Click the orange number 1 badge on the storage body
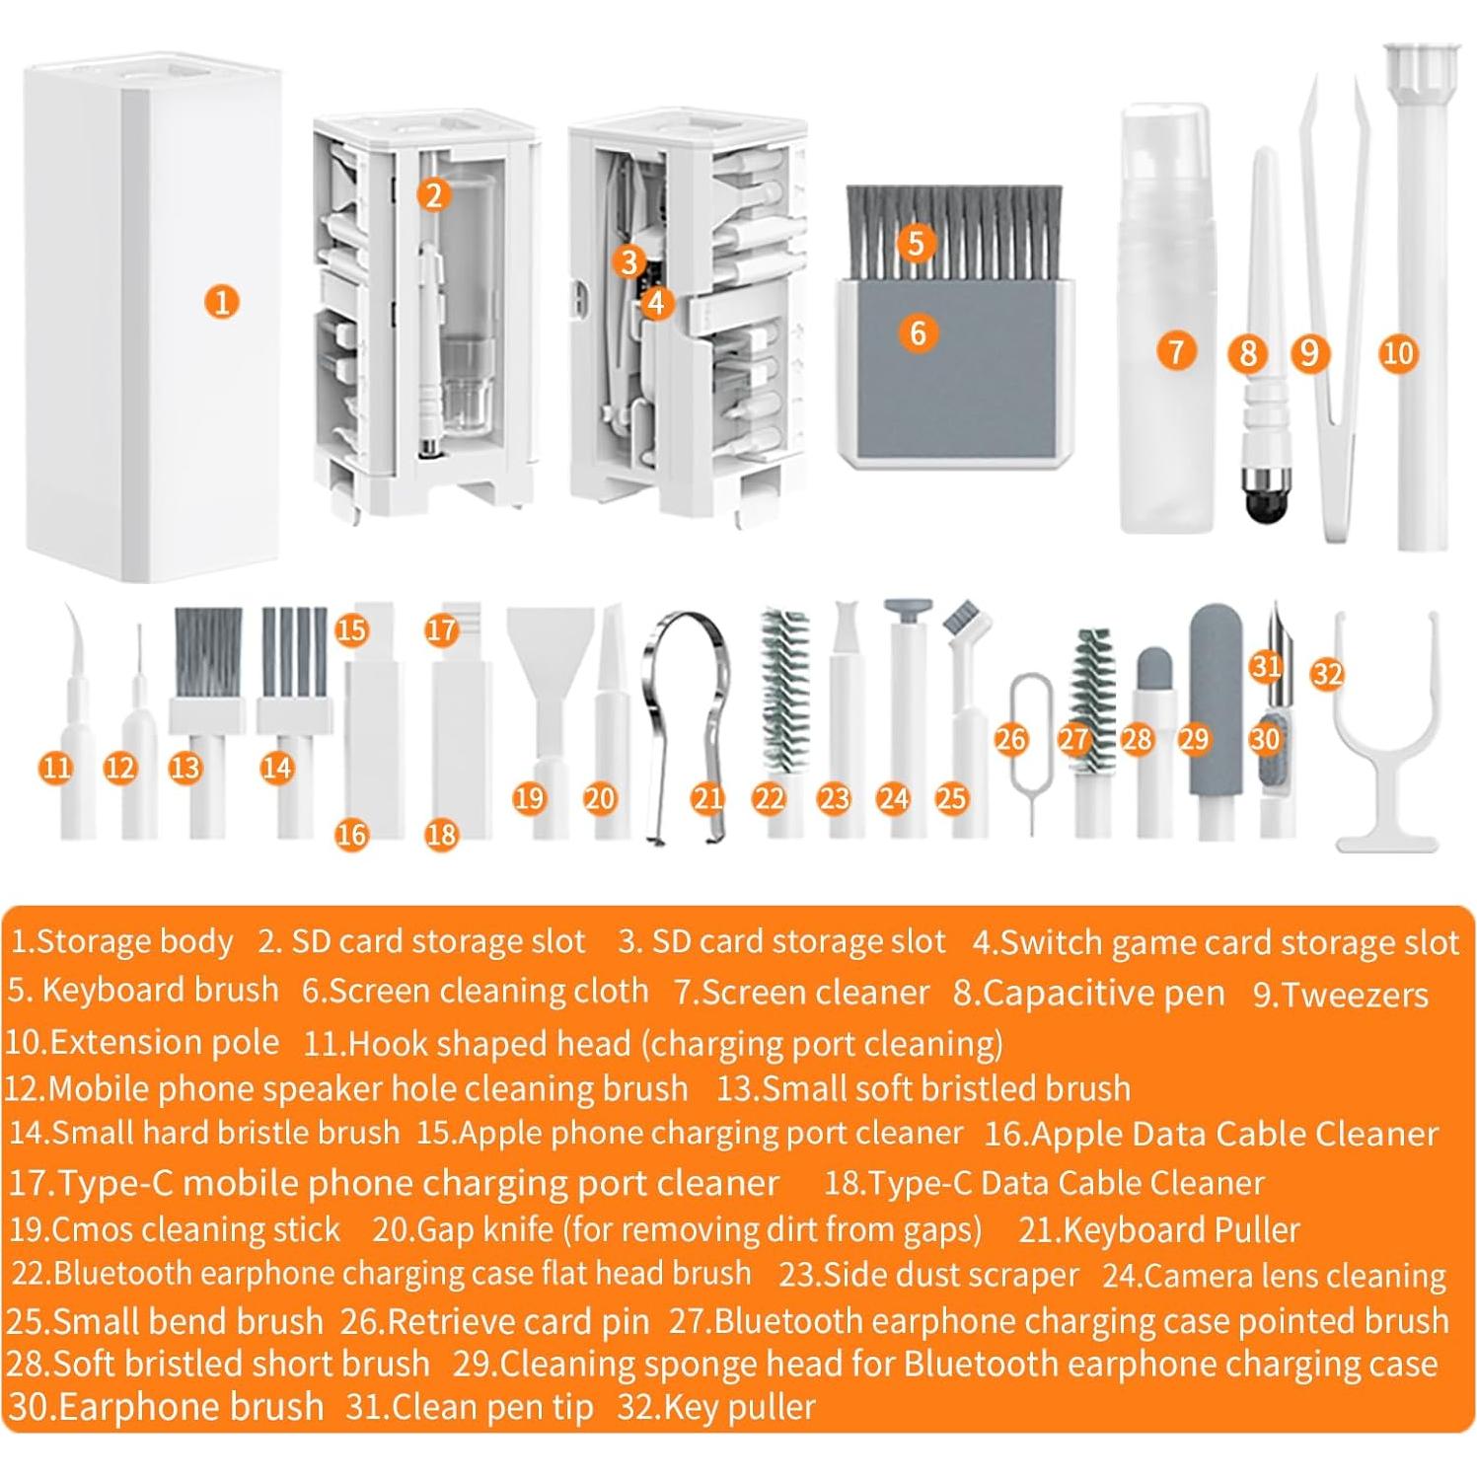[222, 302]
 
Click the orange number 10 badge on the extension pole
[1397, 353]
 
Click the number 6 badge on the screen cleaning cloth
[918, 332]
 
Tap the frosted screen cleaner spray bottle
[1164, 296]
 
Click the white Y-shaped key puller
[1386, 750]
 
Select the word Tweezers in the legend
[1355, 995]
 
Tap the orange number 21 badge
[707, 798]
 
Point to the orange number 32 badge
[1327, 674]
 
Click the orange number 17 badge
[441, 629]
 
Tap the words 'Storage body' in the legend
[134, 941]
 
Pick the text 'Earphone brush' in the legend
[190, 1406]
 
